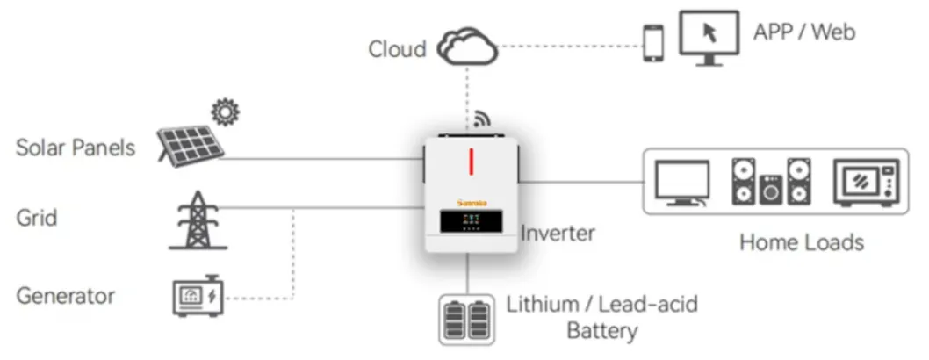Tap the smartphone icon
coord(653,43)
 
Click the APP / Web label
coord(803,32)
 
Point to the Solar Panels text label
coord(76,147)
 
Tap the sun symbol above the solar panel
coord(226,112)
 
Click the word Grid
coord(37,216)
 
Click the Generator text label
coord(66,295)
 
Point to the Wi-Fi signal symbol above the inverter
coord(482,119)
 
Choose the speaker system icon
coord(771,182)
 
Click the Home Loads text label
coord(801,241)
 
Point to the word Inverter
coord(558,233)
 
